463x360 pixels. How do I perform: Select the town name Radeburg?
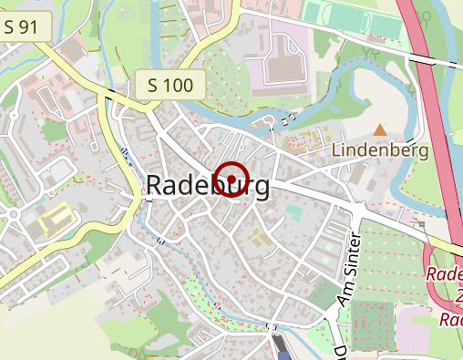point(208,186)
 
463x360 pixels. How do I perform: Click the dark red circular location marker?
point(233,179)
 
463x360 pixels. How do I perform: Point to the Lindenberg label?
point(379,149)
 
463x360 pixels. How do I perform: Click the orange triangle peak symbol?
point(379,130)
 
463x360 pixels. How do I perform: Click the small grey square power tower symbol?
point(422,222)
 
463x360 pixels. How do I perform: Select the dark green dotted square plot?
point(373,321)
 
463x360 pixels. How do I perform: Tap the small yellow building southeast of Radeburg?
point(258,239)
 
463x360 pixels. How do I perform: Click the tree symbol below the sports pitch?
point(370,52)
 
